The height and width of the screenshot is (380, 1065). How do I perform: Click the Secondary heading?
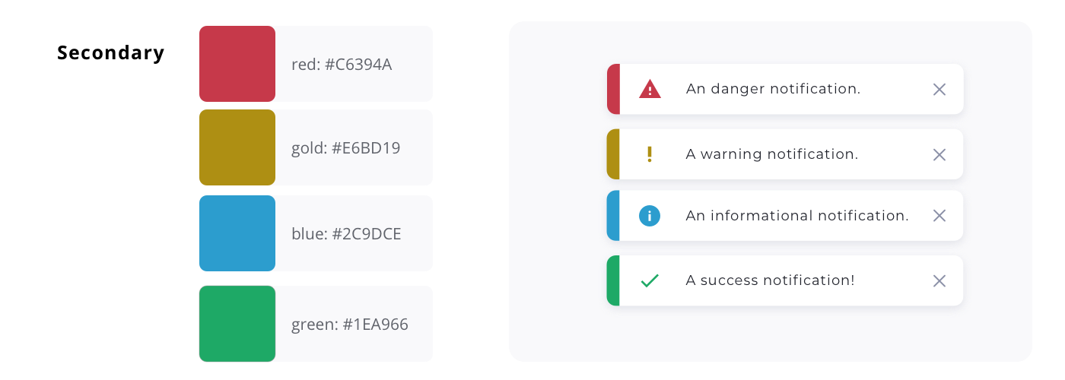pyautogui.click(x=111, y=53)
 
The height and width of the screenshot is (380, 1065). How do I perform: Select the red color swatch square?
pyautogui.click(x=237, y=64)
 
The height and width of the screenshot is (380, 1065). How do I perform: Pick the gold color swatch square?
pyautogui.click(x=237, y=147)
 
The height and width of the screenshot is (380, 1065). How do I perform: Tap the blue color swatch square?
pyautogui.click(x=237, y=233)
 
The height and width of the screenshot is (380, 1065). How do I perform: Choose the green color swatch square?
pyautogui.click(x=237, y=324)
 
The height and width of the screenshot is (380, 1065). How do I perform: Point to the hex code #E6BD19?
pyautogui.click(x=366, y=148)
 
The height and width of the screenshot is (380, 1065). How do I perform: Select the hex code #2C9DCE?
pyautogui.click(x=367, y=234)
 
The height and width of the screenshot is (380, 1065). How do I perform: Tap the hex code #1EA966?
pyautogui.click(x=375, y=324)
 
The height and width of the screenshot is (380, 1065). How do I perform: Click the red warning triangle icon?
pyautogui.click(x=650, y=90)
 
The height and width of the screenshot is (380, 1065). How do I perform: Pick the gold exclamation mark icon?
pyautogui.click(x=650, y=154)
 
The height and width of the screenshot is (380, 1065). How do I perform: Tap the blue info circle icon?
pyautogui.click(x=650, y=216)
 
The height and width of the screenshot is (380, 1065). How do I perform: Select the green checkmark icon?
pyautogui.click(x=650, y=280)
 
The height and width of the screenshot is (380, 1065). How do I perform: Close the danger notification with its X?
pyautogui.click(x=939, y=90)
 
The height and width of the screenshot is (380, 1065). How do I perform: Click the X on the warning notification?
pyautogui.click(x=939, y=155)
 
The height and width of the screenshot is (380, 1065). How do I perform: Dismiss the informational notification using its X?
pyautogui.click(x=939, y=216)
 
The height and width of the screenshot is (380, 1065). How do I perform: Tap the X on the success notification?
pyautogui.click(x=939, y=281)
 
